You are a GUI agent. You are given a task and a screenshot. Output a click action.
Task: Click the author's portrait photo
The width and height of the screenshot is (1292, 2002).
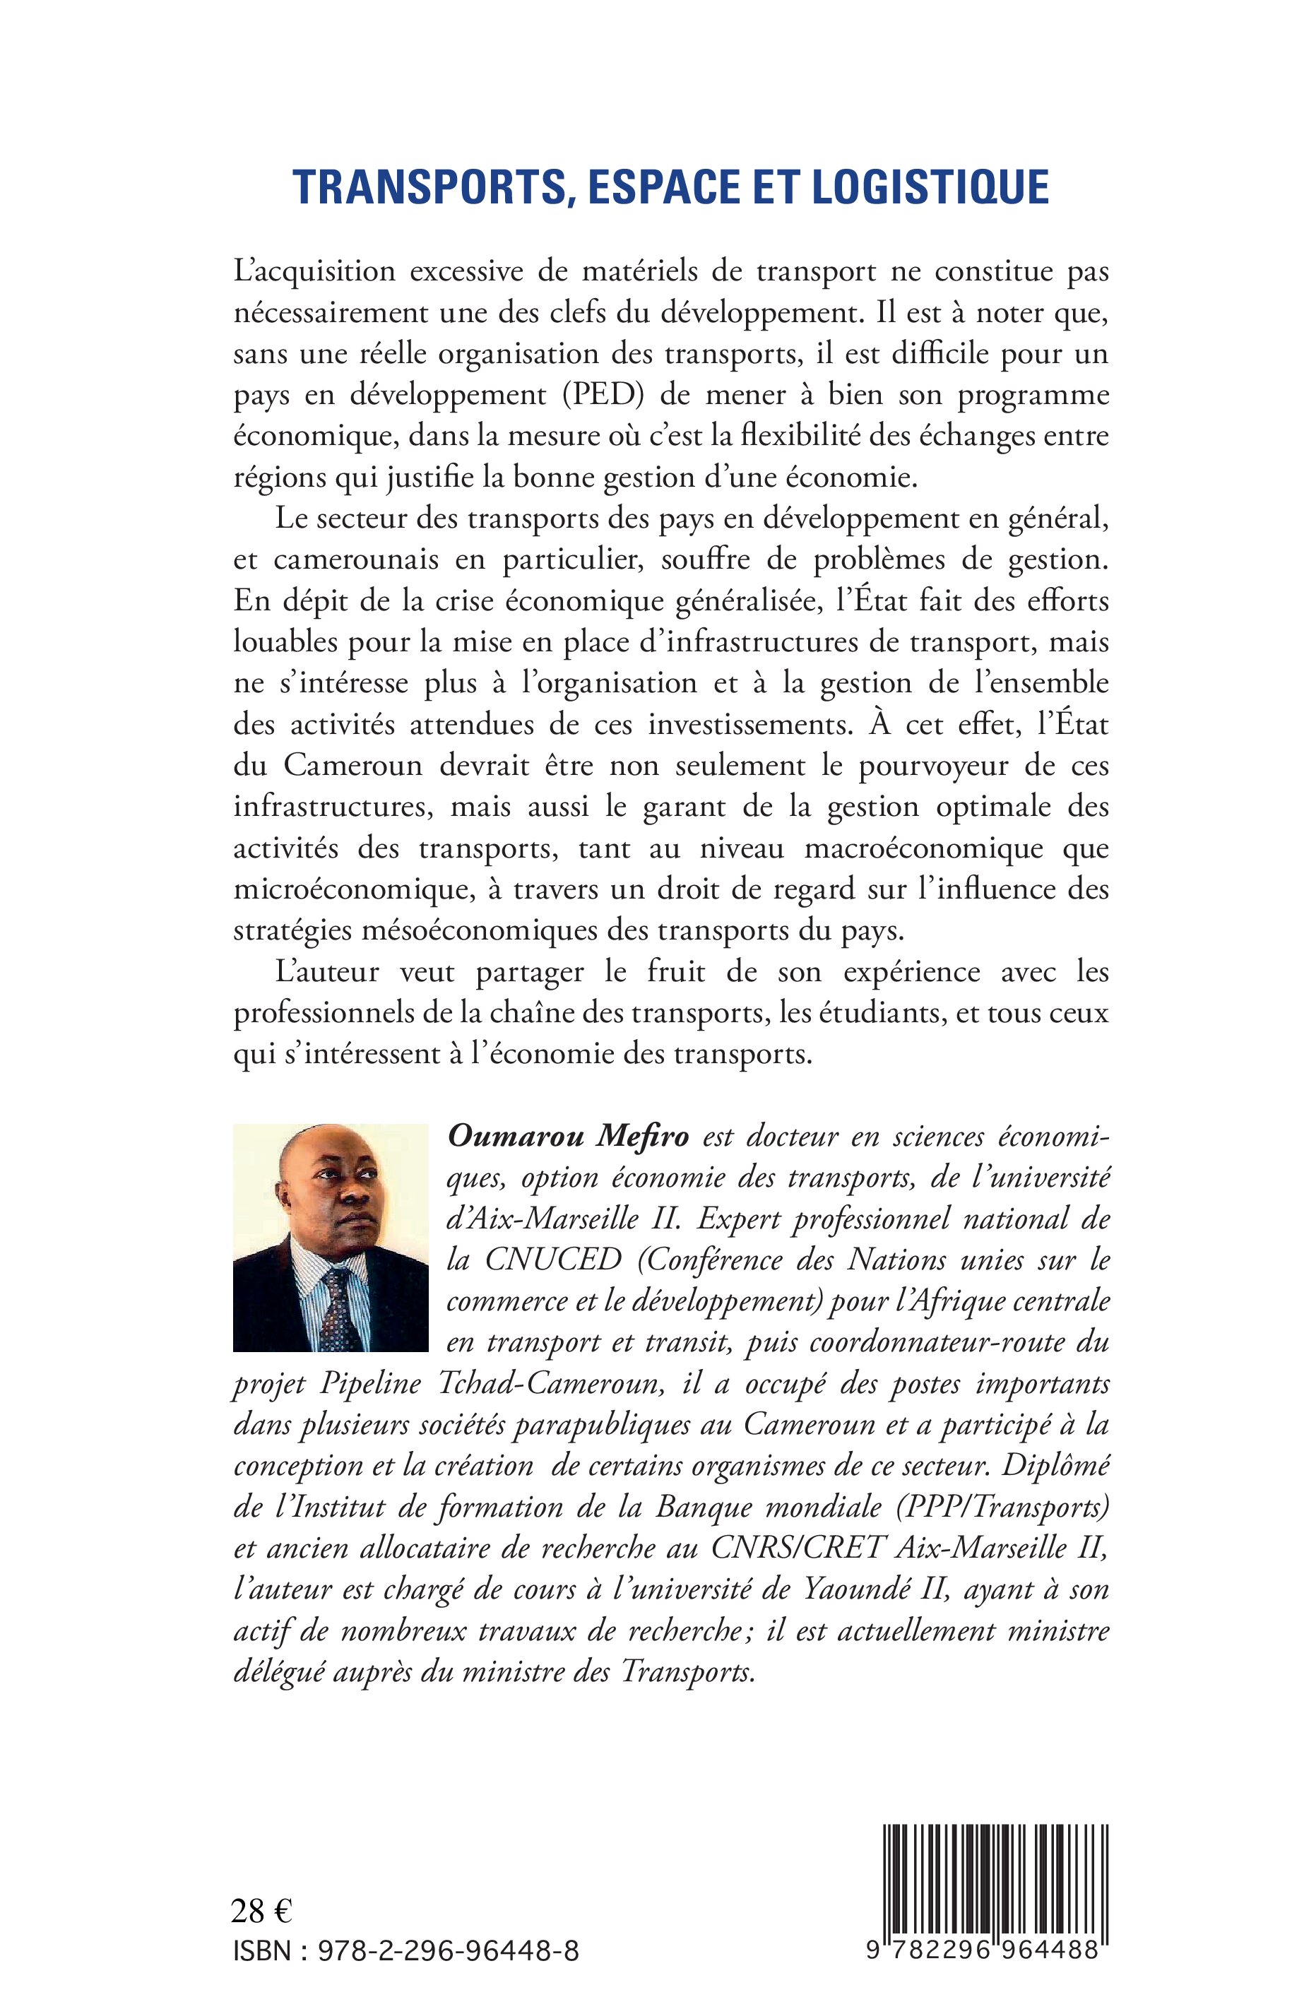coord(331,1238)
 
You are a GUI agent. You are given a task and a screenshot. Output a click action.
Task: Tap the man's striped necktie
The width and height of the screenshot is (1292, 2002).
coord(340,1313)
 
